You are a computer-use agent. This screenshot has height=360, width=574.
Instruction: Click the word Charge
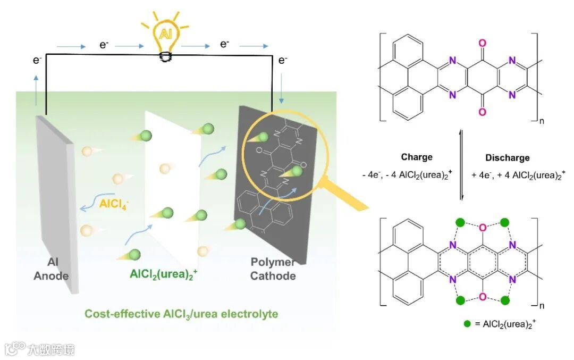[x=417, y=157]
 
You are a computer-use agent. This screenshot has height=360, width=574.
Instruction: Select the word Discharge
[x=507, y=157]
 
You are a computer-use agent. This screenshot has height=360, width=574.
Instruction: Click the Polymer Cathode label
[x=273, y=269]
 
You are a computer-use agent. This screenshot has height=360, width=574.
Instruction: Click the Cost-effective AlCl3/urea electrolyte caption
[x=181, y=314]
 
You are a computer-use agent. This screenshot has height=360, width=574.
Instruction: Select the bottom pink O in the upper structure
[x=482, y=112]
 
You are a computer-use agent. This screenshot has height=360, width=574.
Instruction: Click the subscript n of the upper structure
[x=542, y=121]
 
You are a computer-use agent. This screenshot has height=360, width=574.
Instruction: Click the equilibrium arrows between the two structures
[x=461, y=165]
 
